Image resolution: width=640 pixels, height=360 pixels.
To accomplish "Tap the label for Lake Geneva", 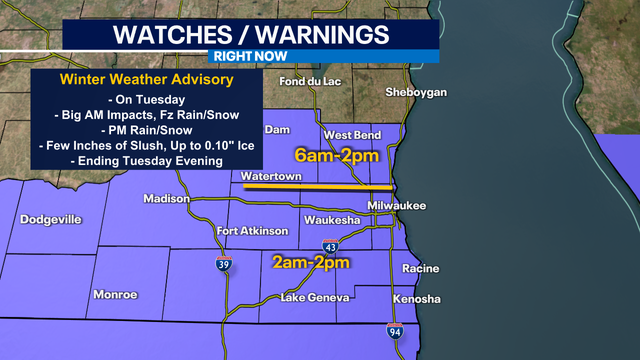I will (x=315, y=298).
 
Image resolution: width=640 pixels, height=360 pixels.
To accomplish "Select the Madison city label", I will (x=166, y=198).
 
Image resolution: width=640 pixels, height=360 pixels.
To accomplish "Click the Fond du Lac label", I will (x=305, y=81).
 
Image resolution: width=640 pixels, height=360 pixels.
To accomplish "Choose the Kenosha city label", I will (x=416, y=299).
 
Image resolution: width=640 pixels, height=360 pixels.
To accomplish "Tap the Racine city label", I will (x=419, y=268).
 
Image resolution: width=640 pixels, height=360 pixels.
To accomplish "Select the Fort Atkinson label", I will (x=252, y=231).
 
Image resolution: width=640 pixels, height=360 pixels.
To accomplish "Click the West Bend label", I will (x=350, y=134).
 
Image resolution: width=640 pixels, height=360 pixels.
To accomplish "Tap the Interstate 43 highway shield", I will (x=330, y=246).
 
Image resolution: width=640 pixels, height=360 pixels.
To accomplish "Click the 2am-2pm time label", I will (x=311, y=264).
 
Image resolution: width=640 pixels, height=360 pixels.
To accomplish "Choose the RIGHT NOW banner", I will (x=250, y=57).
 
